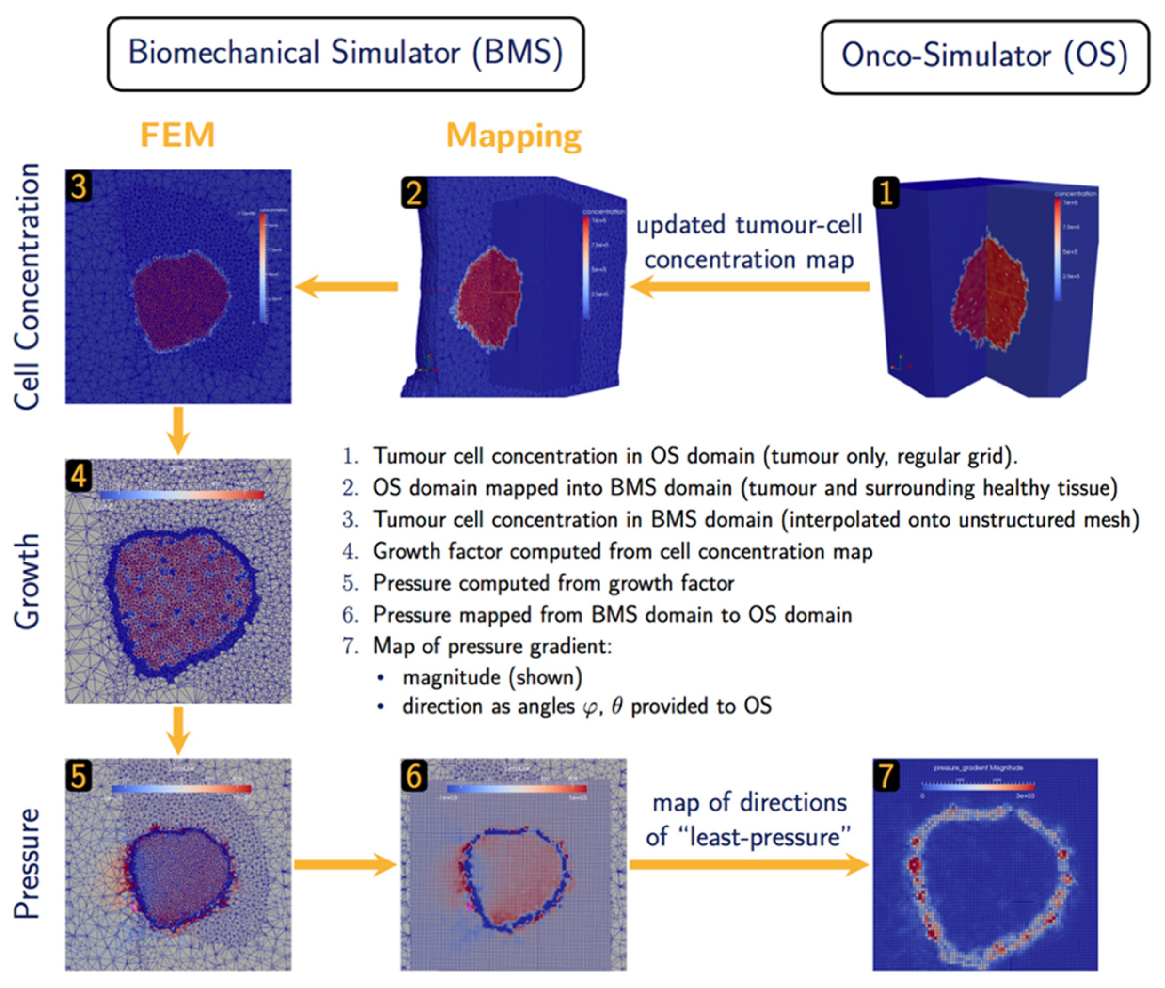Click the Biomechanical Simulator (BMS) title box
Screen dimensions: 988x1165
tap(345, 54)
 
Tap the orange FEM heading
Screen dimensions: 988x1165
tap(177, 136)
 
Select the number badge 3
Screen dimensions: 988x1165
tap(79, 186)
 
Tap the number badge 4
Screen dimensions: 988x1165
tap(79, 476)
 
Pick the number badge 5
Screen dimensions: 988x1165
tap(79, 776)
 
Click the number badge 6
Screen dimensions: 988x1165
tap(414, 776)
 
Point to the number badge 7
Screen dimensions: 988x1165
tap(886, 776)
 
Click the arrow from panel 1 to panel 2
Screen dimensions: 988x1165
tap(750, 287)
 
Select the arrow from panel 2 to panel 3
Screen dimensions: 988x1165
tap(347, 287)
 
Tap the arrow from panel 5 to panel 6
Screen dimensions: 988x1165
tap(345, 865)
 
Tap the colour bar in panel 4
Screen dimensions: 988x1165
tap(182, 495)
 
